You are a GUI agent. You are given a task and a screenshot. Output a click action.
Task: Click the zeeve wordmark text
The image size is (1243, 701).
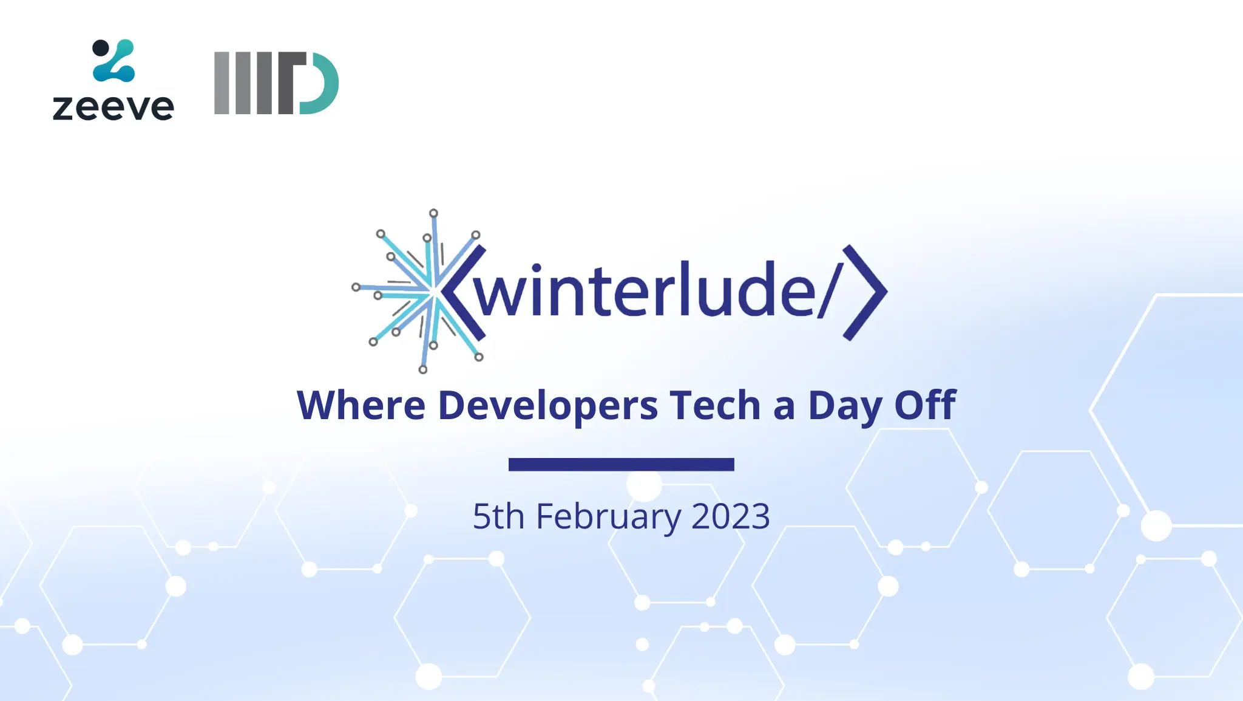(x=113, y=108)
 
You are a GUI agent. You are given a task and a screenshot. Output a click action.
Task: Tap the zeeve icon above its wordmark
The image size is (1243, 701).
(x=113, y=60)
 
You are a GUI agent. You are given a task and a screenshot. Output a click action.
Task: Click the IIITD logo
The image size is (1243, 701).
(x=276, y=83)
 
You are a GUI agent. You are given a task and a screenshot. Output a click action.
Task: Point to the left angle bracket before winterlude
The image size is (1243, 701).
(x=462, y=292)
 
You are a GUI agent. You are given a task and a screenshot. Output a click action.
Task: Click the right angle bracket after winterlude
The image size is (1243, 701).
(x=865, y=292)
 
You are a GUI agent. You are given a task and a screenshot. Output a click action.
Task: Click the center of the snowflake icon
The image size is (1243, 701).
(x=432, y=292)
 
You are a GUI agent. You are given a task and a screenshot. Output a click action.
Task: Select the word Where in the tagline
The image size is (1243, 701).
(x=361, y=405)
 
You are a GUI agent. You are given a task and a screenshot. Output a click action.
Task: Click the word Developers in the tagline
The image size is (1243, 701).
(x=547, y=406)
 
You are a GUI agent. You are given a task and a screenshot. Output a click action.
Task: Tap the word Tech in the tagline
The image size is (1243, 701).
(x=716, y=405)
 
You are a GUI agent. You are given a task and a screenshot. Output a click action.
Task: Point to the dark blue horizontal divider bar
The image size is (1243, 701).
(x=621, y=465)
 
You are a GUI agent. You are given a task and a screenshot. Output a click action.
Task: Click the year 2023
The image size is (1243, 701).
(x=731, y=516)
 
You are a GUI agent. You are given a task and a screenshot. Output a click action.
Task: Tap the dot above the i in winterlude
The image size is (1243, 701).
(x=537, y=268)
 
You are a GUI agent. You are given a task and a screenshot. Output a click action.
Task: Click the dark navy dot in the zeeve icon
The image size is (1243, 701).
(x=101, y=48)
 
